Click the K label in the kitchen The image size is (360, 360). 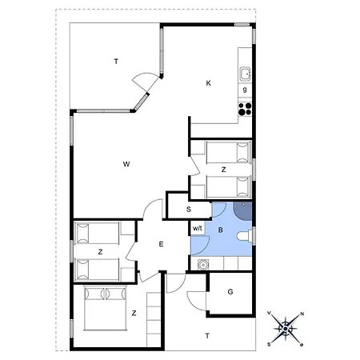pyautogui.click(x=208, y=82)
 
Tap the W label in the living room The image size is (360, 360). pyautogui.click(x=126, y=164)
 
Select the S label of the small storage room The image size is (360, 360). pyautogui.click(x=189, y=210)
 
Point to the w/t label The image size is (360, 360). pyautogui.click(x=198, y=229)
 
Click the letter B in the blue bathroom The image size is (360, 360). pyautogui.click(x=220, y=229)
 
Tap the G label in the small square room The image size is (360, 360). pyautogui.click(x=230, y=292)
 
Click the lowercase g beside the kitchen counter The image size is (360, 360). pyautogui.click(x=245, y=90)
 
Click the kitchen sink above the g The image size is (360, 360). pyautogui.click(x=245, y=74)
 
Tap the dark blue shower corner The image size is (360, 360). pyautogui.click(x=243, y=212)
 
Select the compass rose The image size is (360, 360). pyautogui.click(x=286, y=328)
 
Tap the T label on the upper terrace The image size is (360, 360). pyautogui.click(x=116, y=62)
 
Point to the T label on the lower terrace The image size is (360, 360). pyautogui.click(x=207, y=336)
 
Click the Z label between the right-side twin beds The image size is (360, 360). pyautogui.click(x=223, y=170)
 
